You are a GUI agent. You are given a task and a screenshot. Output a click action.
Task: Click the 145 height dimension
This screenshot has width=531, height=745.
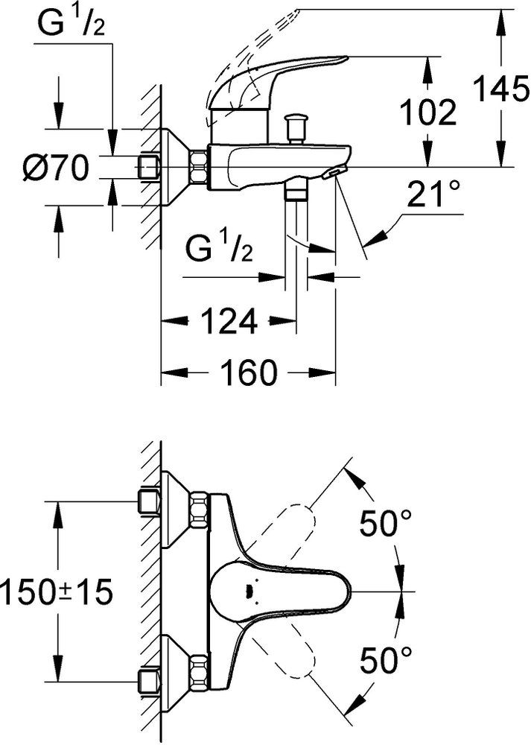pyautogui.click(x=499, y=90)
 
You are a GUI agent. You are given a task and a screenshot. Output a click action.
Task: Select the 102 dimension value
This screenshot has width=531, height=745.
pyautogui.click(x=427, y=112)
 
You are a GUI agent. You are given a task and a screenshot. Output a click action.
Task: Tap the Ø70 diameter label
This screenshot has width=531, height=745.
pyautogui.click(x=56, y=168)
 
